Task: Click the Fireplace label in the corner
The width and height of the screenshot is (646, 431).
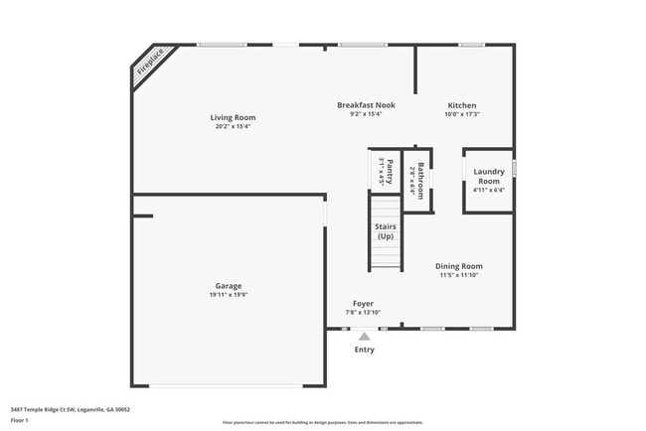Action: pyautogui.click(x=150, y=64)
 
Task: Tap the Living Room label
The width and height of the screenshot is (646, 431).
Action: pyautogui.click(x=233, y=117)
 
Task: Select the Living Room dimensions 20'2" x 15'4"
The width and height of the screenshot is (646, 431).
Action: pyautogui.click(x=233, y=126)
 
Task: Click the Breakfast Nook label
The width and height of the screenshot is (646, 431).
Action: pyautogui.click(x=366, y=105)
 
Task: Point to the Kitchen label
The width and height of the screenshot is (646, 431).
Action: pyautogui.click(x=461, y=105)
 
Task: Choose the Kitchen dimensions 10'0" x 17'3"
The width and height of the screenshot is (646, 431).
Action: pyautogui.click(x=461, y=114)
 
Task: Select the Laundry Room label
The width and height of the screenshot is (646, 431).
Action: pyautogui.click(x=488, y=177)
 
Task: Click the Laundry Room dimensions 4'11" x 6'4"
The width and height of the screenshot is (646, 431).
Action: pyautogui.click(x=488, y=191)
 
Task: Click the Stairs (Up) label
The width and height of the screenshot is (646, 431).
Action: pyautogui.click(x=385, y=232)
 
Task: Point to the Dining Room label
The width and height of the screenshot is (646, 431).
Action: pyautogui.click(x=459, y=266)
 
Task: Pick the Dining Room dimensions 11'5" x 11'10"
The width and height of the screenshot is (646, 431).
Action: pyautogui.click(x=459, y=275)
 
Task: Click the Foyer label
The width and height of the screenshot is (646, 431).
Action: pyautogui.click(x=363, y=303)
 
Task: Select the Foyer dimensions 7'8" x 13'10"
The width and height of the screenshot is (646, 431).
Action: pyautogui.click(x=363, y=312)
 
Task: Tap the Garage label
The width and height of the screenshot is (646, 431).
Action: pyautogui.click(x=229, y=286)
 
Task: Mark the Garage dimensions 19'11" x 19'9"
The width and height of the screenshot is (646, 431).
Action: pyautogui.click(x=229, y=295)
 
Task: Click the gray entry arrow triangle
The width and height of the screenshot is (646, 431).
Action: pyautogui.click(x=365, y=337)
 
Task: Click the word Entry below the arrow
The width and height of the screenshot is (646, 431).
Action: pyautogui.click(x=365, y=350)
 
